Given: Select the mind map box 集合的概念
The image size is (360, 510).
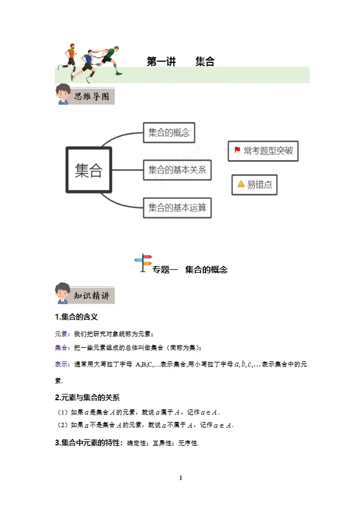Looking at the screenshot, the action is point(169,133).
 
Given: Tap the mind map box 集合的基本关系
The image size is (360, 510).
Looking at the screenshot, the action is point(177,170).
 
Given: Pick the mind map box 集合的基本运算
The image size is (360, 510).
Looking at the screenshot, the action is point(177,207).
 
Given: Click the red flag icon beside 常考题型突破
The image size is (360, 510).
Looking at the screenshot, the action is point(237,150).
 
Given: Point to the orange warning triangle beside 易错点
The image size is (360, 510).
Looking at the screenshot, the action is point(241,184).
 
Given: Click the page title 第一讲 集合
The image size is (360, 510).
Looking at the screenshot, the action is point(181,62).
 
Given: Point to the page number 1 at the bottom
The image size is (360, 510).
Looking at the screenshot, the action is point(181,477).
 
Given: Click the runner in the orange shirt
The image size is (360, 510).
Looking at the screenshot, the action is point(71,55).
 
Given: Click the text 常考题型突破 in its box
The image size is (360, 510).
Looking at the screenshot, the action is point(268,151).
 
